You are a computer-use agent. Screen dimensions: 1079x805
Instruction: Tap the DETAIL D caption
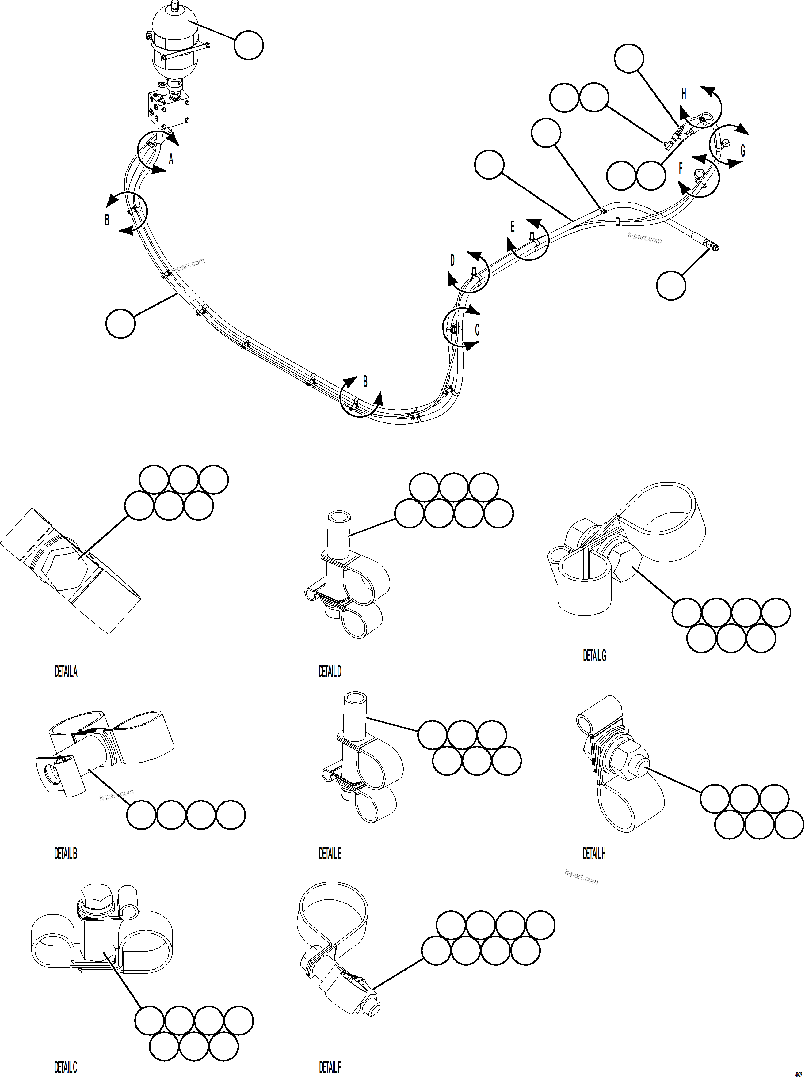[x=330, y=672]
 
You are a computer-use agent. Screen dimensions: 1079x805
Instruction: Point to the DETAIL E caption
[x=330, y=854]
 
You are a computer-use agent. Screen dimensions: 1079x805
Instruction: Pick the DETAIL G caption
[x=594, y=656]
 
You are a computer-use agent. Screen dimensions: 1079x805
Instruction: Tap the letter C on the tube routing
[x=477, y=330]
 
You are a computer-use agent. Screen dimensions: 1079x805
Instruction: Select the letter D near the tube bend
[x=452, y=260]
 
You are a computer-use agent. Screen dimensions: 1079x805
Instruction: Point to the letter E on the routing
[x=512, y=226]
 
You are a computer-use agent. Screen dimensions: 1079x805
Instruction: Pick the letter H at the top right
[x=684, y=94]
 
